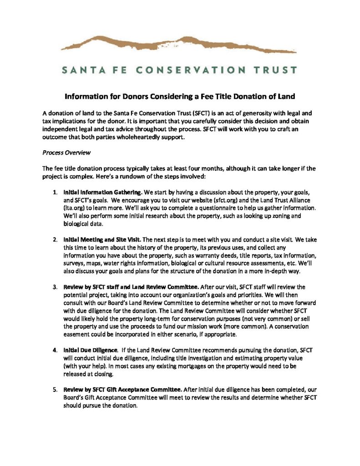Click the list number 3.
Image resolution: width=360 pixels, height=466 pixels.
click(x=55, y=287)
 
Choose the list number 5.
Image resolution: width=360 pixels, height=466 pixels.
click(x=55, y=389)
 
